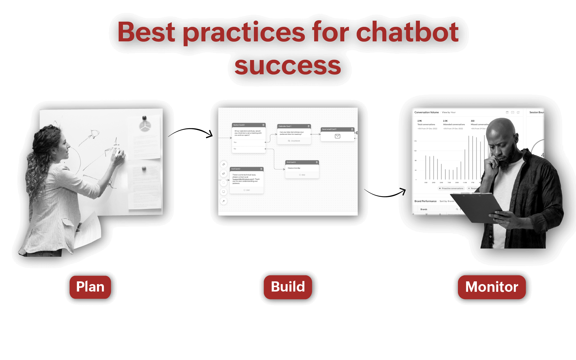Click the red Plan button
click(90, 287)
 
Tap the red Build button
click(288, 287)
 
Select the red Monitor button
click(492, 287)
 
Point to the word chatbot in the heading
click(407, 32)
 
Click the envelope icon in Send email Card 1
click(337, 136)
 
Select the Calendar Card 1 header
click(294, 126)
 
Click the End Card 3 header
click(302, 162)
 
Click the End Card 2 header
click(246, 169)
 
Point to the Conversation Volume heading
click(426, 112)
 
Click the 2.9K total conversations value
click(420, 121)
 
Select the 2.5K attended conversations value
click(445, 121)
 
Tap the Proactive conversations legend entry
click(452, 188)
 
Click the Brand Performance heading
click(425, 201)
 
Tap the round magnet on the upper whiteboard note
click(144, 118)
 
